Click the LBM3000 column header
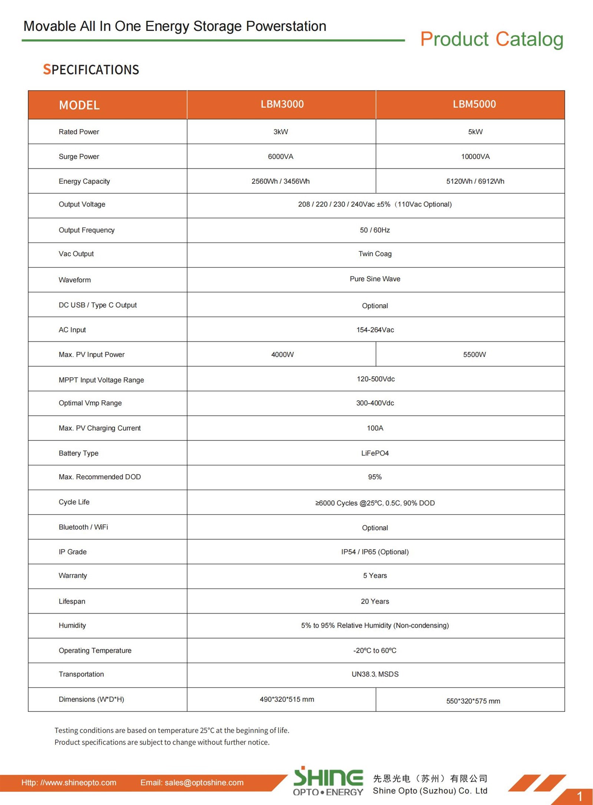point(282,104)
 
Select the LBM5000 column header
point(474,104)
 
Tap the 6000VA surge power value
point(281,157)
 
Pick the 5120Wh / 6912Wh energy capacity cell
point(475,181)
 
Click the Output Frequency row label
point(86,230)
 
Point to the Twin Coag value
point(375,254)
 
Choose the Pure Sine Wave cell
point(375,279)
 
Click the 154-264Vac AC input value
point(375,330)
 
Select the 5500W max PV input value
point(474,355)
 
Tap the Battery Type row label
point(79,453)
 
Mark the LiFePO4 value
point(375,453)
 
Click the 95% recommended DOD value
point(375,477)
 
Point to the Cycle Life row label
point(74,502)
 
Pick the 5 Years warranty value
point(375,576)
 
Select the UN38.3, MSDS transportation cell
point(375,674)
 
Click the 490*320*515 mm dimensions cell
point(286,699)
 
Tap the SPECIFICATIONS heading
point(91,70)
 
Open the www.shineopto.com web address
point(69,782)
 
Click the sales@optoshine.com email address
point(192,782)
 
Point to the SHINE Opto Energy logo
point(328,781)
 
